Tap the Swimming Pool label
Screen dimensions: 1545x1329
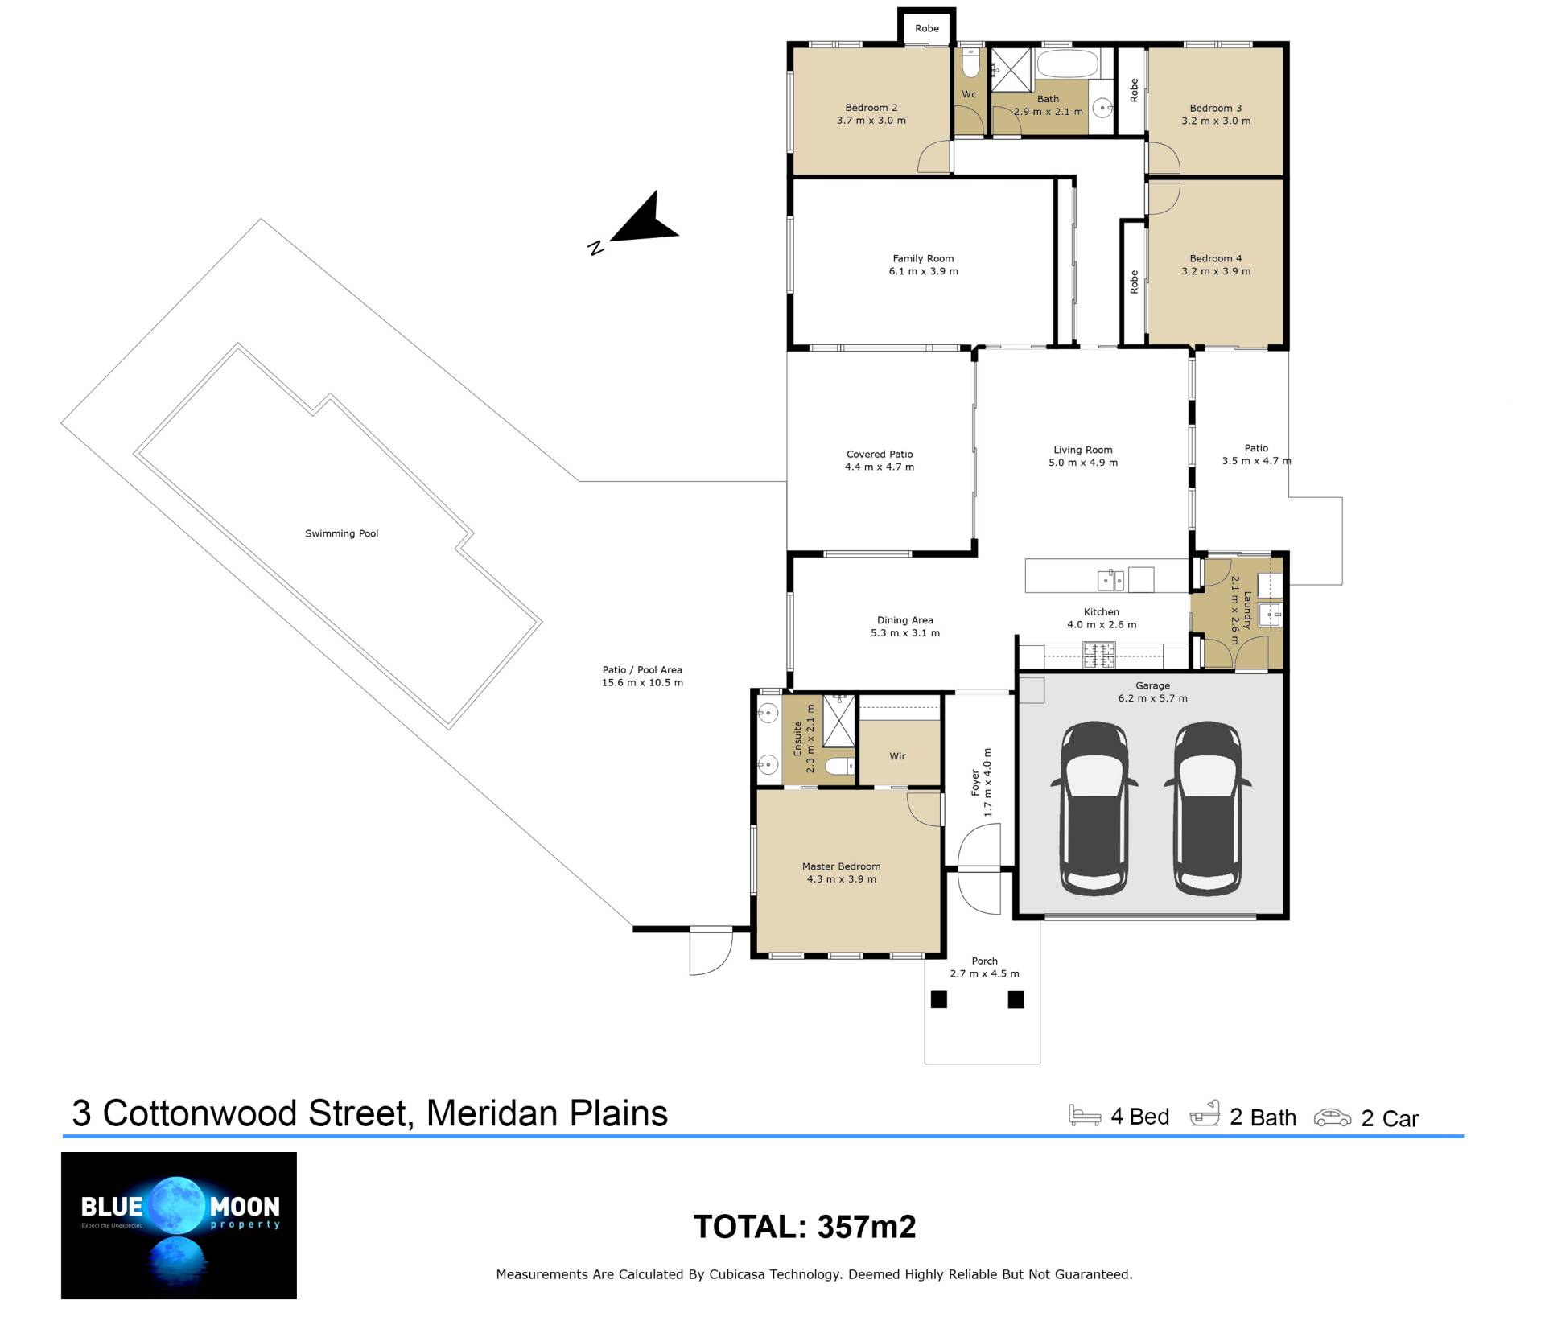click(x=341, y=533)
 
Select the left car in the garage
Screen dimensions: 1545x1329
click(x=1094, y=808)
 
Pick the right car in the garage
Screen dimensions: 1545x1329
click(x=1207, y=808)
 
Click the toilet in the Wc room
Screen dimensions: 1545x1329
click(x=971, y=63)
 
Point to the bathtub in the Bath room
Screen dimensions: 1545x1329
click(x=1067, y=64)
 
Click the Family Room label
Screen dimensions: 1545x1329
click(x=923, y=258)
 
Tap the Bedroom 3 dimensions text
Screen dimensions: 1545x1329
click(x=1216, y=121)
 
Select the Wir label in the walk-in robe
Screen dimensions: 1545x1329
click(x=897, y=756)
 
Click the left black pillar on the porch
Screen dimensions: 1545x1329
click(x=939, y=999)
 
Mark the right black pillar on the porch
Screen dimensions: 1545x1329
click(x=1016, y=999)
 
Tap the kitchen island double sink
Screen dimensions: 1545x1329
click(x=1111, y=579)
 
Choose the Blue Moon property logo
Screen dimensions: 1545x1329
click(x=179, y=1225)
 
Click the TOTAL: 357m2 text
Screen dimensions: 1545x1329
click(x=805, y=1227)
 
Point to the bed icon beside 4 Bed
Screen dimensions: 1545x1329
click(x=1085, y=1115)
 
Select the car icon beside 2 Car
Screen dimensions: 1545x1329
click(x=1333, y=1117)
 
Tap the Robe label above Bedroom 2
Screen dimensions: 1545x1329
click(x=927, y=28)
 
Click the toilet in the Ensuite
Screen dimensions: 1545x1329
click(x=841, y=766)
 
